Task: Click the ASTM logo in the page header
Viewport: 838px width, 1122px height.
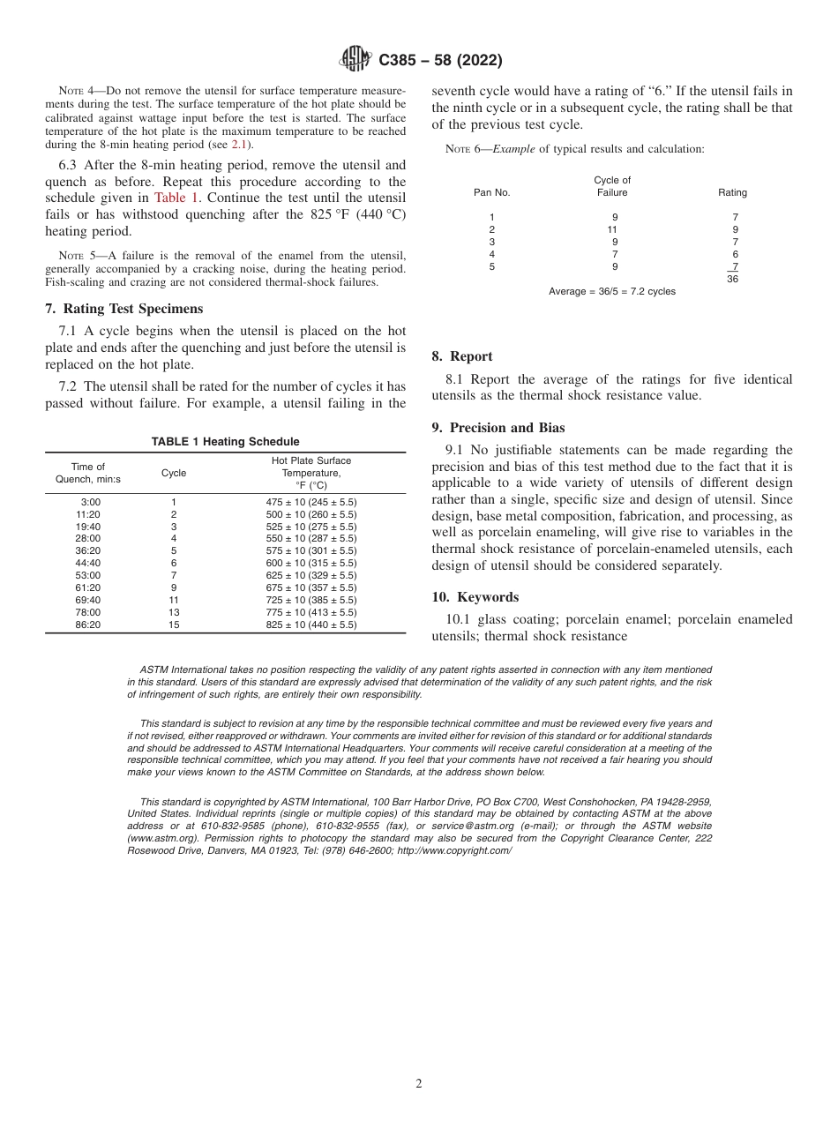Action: point(355,59)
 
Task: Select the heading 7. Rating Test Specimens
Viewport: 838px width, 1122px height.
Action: point(123,309)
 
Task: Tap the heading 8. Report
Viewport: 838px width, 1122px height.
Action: point(461,356)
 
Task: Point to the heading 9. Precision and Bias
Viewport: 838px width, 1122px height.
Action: point(498,428)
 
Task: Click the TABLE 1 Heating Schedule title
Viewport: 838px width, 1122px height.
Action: point(225,441)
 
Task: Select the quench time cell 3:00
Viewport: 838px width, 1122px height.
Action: point(90,502)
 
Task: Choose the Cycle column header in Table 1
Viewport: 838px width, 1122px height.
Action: point(174,473)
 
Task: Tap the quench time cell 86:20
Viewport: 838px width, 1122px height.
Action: point(88,625)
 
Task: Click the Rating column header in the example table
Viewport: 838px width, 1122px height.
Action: point(732,192)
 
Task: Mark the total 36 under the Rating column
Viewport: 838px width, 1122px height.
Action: point(732,279)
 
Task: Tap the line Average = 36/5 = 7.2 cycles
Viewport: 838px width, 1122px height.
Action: point(611,291)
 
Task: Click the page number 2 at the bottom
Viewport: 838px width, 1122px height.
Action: point(419,1084)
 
